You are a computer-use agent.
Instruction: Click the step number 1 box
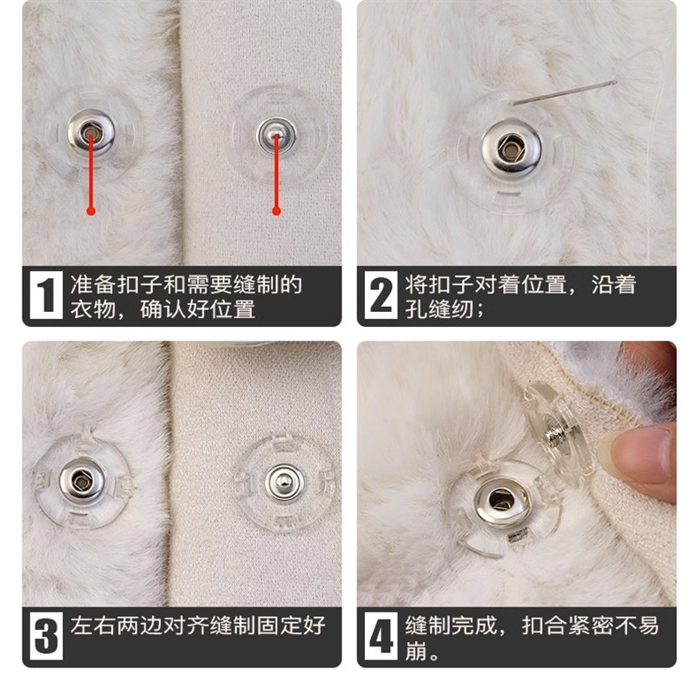[x=46, y=296]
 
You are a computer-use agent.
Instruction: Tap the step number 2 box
[x=381, y=296]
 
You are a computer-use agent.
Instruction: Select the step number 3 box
[x=46, y=637]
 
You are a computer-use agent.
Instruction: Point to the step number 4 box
[x=381, y=637]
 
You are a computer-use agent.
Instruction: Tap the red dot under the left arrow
[x=90, y=210]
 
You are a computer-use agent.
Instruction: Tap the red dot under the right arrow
[x=276, y=210]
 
